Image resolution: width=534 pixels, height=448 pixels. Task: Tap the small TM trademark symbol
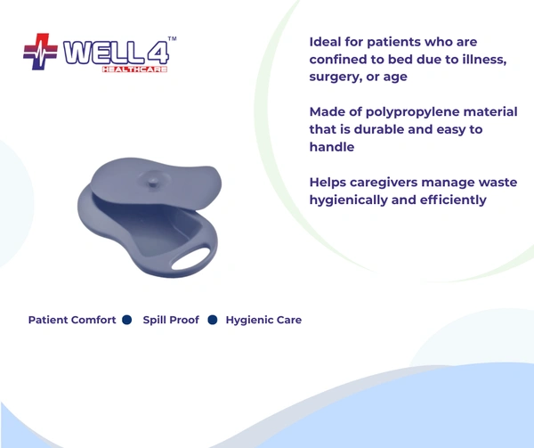tap(172, 40)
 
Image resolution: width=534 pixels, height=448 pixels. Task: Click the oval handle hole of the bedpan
tap(191, 259)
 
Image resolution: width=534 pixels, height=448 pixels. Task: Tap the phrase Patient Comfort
tap(72, 320)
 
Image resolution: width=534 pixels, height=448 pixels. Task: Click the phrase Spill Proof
tap(171, 320)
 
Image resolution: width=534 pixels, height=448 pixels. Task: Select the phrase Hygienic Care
tap(263, 320)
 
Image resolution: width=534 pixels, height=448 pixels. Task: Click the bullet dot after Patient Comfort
tap(126, 320)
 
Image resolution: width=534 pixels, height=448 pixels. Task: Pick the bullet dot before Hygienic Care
tap(213, 320)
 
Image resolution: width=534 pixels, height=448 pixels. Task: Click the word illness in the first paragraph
tap(481, 60)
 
